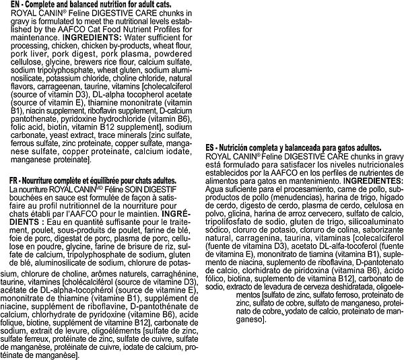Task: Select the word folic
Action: pyautogui.click(x=13, y=125)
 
